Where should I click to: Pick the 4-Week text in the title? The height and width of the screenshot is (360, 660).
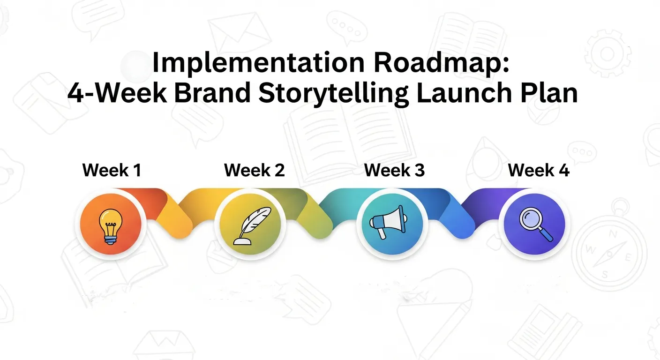coord(117,93)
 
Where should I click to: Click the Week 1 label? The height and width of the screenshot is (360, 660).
coord(112,170)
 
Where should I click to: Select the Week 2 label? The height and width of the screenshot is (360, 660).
coord(254,170)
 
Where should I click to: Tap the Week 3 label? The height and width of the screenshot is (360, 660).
coord(394,170)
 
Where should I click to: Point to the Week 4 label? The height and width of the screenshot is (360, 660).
coord(539,170)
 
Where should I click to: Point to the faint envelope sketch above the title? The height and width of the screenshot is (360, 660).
coord(239,30)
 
